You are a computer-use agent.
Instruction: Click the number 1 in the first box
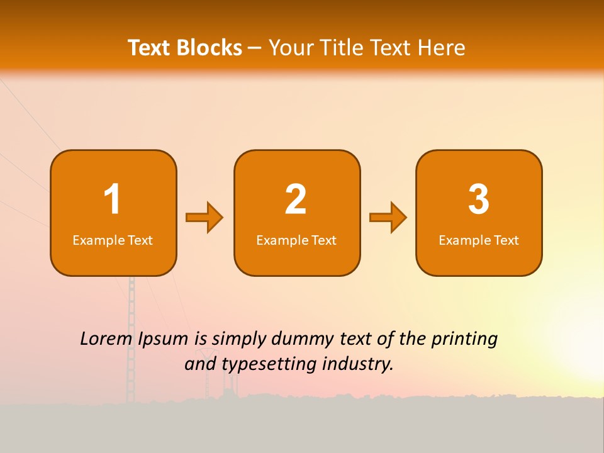pos(113,199)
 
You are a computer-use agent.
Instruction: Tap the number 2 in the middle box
pos(296,199)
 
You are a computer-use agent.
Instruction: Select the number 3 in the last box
pos(479,199)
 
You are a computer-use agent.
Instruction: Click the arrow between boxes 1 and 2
pos(204,218)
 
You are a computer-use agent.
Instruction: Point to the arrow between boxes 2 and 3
pos(388,218)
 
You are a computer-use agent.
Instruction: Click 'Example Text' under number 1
pos(113,240)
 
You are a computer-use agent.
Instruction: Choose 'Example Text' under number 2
pos(296,240)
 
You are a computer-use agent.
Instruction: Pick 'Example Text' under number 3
pos(479,240)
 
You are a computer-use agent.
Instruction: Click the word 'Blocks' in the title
pos(209,48)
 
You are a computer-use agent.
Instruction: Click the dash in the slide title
pos(255,48)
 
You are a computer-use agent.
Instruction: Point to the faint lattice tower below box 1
pos(131,340)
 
